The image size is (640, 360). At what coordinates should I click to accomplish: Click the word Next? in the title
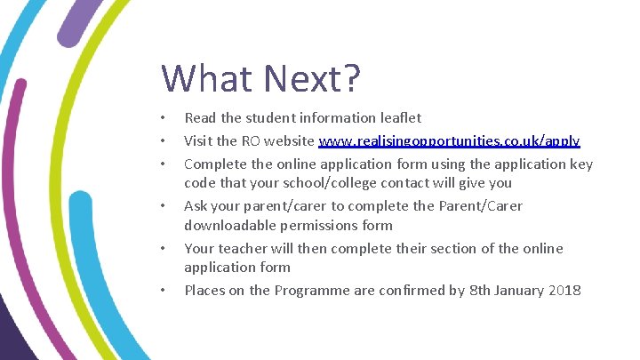(310, 78)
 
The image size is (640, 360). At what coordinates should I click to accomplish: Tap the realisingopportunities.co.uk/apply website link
(449, 140)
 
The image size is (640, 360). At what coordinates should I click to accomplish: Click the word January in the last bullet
(512, 290)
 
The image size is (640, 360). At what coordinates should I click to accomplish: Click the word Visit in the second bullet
(198, 140)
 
